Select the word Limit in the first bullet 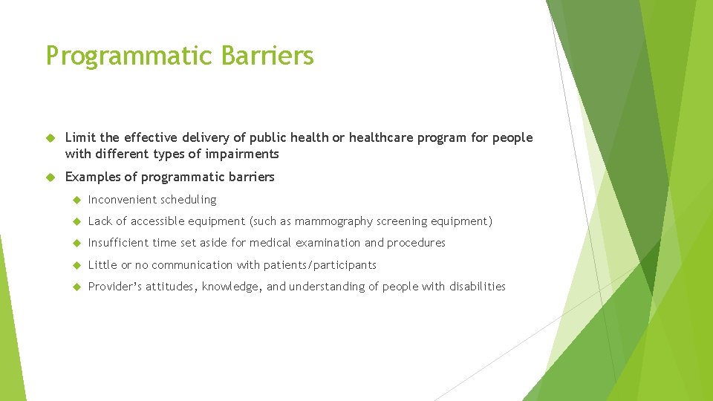[80, 137]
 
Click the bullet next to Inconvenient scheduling [76, 200]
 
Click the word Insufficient [118, 243]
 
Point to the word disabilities [477, 287]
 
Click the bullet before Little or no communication [76, 265]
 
